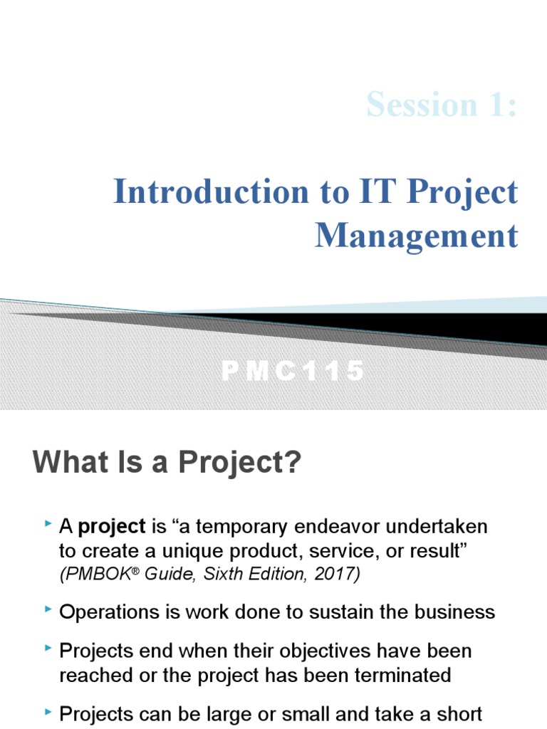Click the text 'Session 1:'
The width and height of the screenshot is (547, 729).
click(x=442, y=105)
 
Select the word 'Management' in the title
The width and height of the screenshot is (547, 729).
click(x=417, y=236)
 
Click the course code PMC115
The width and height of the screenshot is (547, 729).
click(x=293, y=371)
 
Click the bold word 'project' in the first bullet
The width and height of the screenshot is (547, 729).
click(x=112, y=528)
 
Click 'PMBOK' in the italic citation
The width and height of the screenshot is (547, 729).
click(x=92, y=575)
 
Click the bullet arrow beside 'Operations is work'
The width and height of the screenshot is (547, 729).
click(x=48, y=610)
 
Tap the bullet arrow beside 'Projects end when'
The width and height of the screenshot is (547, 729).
click(x=48, y=649)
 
